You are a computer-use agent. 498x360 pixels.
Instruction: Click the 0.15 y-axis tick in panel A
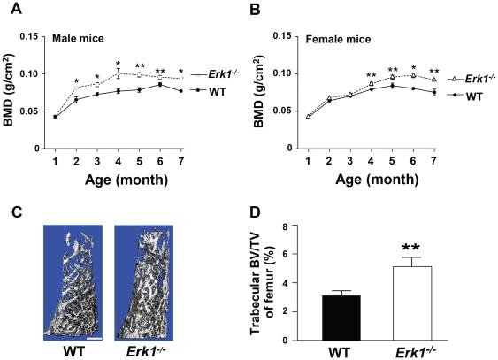tap(30, 37)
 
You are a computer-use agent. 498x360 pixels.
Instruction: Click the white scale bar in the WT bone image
tap(96, 337)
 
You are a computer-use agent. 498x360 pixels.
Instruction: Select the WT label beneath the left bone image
tap(74, 350)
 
